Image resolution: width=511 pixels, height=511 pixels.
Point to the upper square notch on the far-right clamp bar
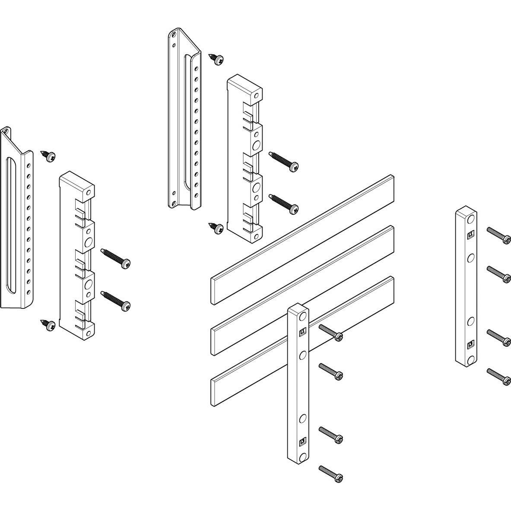[x=470, y=235]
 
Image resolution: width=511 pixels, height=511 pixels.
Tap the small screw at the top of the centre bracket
[x=216, y=59]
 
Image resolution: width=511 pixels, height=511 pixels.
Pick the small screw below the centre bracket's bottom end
[x=216, y=228]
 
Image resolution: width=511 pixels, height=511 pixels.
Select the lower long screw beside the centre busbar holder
[x=283, y=203]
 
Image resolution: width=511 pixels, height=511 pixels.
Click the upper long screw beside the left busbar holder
[x=115, y=257]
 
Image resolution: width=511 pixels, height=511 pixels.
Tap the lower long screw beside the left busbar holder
[x=115, y=300]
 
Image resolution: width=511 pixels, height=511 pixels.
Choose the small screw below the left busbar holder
[x=48, y=325]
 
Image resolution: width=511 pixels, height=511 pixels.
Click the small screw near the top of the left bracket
[x=48, y=156]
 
